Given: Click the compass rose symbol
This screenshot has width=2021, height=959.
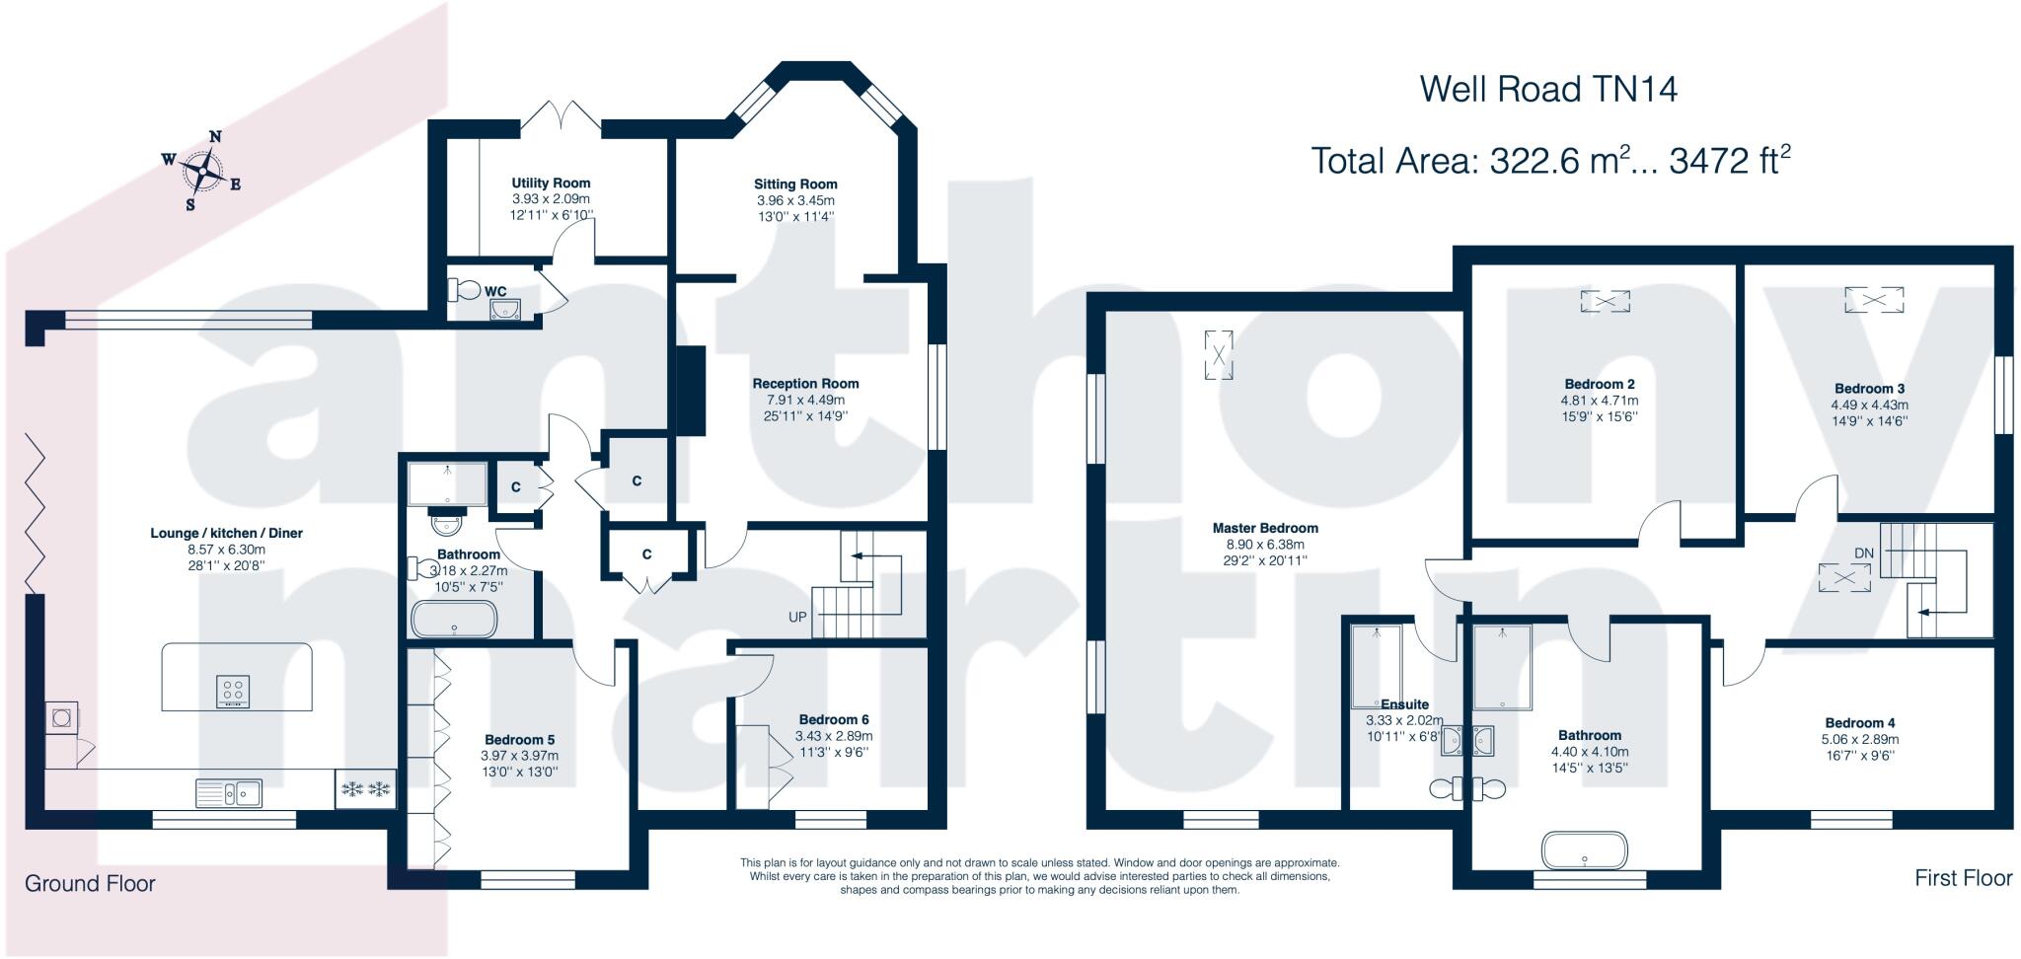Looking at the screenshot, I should click(202, 172).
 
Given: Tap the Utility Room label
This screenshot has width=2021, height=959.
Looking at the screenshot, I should click(551, 183).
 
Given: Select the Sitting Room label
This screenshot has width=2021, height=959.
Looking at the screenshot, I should click(795, 184).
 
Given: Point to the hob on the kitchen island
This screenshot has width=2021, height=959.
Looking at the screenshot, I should click(234, 691).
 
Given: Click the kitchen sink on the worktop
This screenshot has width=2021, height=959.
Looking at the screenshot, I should click(228, 791).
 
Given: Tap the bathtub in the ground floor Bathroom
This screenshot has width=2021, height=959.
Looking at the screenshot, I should click(454, 621).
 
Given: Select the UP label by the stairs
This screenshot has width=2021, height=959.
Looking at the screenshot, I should click(797, 618).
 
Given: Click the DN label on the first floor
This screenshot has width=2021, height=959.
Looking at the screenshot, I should click(1863, 553).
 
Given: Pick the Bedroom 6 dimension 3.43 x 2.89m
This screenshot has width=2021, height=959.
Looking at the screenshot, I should click(834, 736).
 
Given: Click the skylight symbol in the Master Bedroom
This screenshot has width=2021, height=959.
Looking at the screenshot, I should click(1219, 355).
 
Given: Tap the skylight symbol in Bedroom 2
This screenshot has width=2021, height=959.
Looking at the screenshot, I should click(1605, 300).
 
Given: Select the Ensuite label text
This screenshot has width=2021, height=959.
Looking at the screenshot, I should click(1404, 704).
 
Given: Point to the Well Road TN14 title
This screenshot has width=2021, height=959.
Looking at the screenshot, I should click(1548, 90).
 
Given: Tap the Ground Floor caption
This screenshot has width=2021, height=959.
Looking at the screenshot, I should click(90, 883).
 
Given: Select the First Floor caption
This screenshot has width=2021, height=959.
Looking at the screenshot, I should click(1963, 877).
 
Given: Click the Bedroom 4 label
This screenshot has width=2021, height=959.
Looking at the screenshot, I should click(1859, 722).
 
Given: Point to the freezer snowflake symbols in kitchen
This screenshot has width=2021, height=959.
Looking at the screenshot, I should click(365, 788).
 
